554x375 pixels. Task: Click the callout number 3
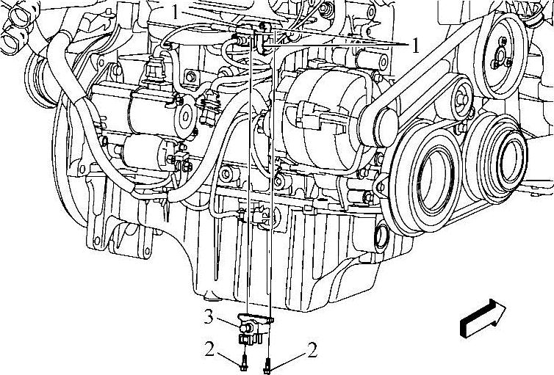tap(209, 317)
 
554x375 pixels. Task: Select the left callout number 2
tap(209, 349)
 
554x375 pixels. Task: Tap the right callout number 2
tap(312, 349)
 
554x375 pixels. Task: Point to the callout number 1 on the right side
tap(415, 45)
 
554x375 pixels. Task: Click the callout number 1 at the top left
tap(176, 12)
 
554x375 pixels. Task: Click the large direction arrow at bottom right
tap(483, 318)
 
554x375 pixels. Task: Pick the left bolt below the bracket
tap(243, 363)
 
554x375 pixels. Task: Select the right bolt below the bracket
tap(267, 366)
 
